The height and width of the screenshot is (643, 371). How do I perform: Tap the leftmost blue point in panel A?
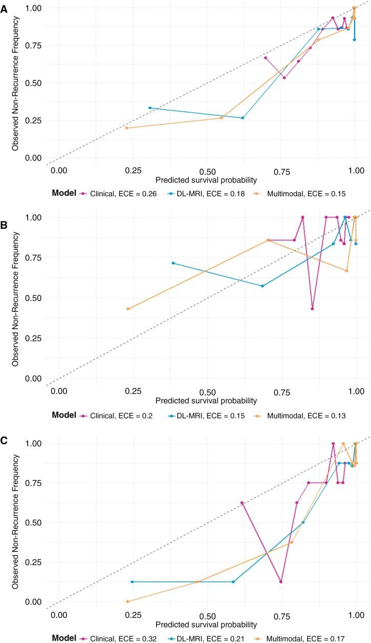tap(150, 108)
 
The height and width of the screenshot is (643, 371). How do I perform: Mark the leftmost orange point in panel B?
tap(128, 309)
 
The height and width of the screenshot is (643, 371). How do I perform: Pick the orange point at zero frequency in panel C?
tap(128, 601)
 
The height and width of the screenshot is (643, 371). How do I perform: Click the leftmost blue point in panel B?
tap(173, 263)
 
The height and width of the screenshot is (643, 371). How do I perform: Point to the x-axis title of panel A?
tap(206, 180)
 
